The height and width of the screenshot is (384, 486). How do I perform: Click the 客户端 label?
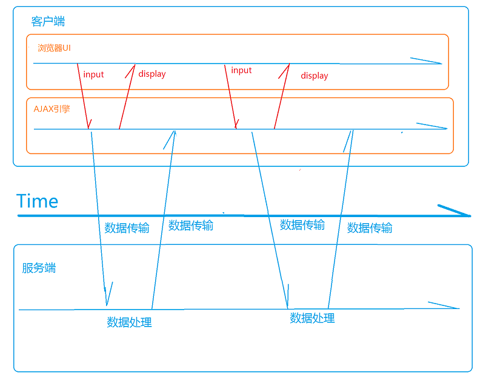tap(48, 22)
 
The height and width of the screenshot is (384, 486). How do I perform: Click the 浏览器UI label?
tap(54, 48)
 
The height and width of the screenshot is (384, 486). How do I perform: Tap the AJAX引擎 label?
tap(52, 109)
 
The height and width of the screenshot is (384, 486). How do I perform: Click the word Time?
tap(38, 201)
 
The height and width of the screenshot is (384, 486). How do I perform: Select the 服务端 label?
tap(39, 268)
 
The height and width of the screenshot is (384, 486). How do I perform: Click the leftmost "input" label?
tap(93, 75)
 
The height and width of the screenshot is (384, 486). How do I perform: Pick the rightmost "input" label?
tap(241, 71)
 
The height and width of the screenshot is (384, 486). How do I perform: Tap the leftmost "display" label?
tap(152, 74)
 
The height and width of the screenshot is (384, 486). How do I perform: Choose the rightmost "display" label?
tap(314, 76)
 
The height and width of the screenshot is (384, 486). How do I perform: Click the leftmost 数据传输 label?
tap(127, 228)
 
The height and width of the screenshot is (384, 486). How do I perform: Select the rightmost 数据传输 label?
tap(370, 228)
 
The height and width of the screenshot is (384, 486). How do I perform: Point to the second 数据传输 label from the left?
tap(191, 226)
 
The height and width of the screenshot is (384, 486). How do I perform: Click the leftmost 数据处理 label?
tap(129, 322)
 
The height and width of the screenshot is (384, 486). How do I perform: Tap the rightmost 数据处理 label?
tap(312, 318)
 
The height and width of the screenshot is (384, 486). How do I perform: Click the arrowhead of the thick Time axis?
tap(464, 213)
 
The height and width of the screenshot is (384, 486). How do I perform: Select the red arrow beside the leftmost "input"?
tap(84, 97)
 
